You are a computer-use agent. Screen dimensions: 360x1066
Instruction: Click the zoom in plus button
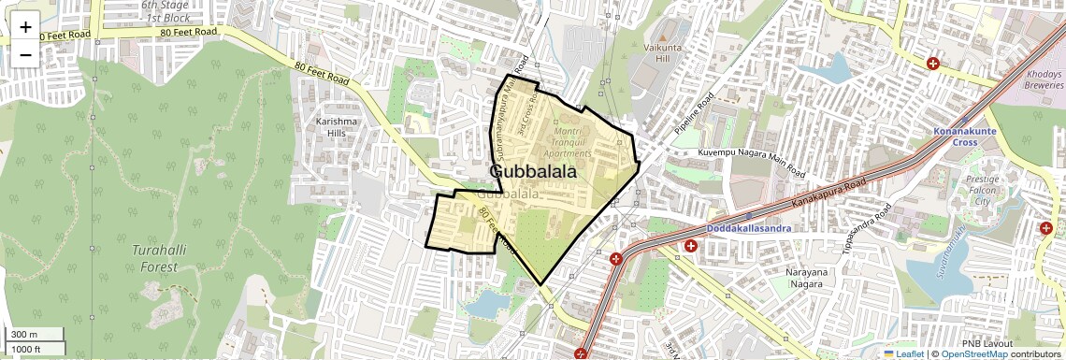coord(25,27)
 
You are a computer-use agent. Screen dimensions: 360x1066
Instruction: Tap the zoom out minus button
coord(25,54)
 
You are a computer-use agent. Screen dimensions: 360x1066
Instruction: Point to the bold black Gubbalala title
coord(532,172)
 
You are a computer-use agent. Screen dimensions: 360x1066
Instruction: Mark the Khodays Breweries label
coord(1043,79)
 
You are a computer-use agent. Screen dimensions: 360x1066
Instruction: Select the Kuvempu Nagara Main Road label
coord(751,162)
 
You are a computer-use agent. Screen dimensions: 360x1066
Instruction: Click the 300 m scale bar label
coord(25,334)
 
